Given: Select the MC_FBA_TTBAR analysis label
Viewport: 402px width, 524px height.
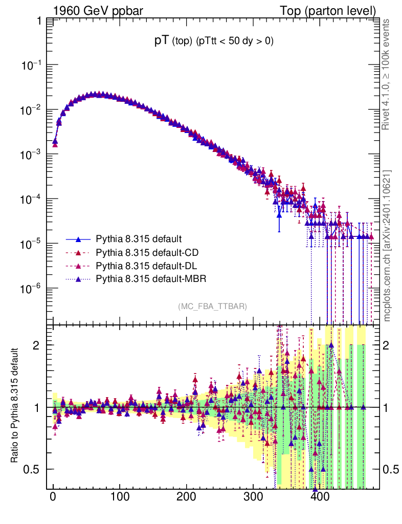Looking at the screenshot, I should coord(213,307).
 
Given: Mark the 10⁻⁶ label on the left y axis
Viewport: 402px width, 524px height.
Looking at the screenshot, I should coord(31,289).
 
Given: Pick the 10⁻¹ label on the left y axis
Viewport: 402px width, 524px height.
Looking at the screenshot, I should coord(31,65).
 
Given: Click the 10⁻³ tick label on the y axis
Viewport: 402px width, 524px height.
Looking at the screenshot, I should coord(31,155).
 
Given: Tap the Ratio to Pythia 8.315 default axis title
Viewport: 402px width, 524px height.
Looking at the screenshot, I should coord(15,406).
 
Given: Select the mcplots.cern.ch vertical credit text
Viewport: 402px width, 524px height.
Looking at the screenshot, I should coord(387,246).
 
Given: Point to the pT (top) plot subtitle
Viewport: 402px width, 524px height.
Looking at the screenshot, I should coord(214,42).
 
